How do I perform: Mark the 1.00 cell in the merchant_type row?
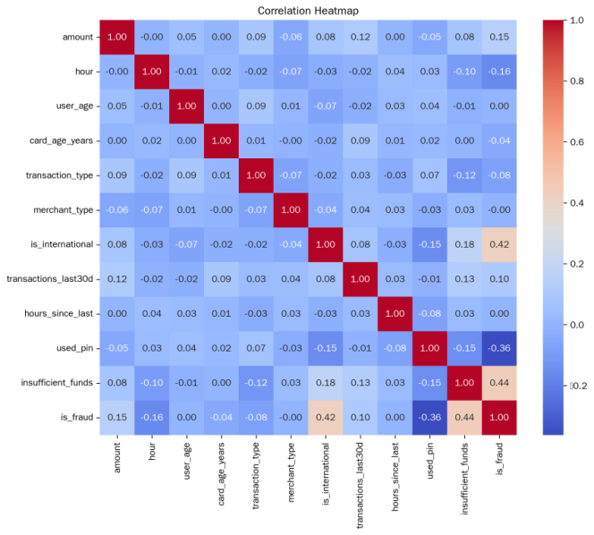click(289, 210)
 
